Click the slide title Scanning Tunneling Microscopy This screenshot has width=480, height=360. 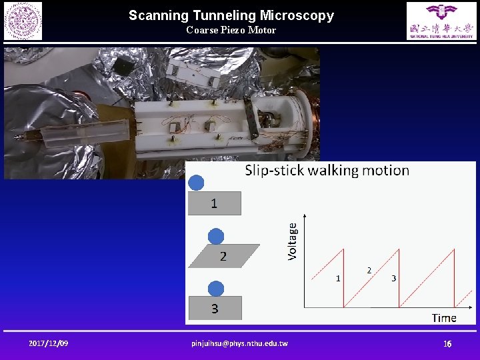231,15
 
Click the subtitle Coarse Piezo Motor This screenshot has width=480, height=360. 231,30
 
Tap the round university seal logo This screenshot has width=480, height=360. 23,21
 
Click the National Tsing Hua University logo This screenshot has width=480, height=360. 442,21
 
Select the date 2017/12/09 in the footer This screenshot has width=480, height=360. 48,343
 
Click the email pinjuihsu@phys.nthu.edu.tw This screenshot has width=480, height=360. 239,343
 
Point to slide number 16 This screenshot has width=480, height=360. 448,344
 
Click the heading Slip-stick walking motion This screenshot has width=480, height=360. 327,171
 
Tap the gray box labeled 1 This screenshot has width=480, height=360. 214,203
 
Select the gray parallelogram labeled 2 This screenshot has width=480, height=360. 223,256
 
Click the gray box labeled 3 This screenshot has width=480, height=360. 215,308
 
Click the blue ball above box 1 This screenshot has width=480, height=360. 196,183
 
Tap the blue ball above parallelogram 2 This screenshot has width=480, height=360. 216,236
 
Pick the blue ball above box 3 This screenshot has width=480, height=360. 215,289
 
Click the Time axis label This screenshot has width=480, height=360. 444,317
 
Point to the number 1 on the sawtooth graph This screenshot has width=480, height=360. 338,278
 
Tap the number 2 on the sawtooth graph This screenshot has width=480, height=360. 369,270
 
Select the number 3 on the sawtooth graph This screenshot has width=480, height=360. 393,278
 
